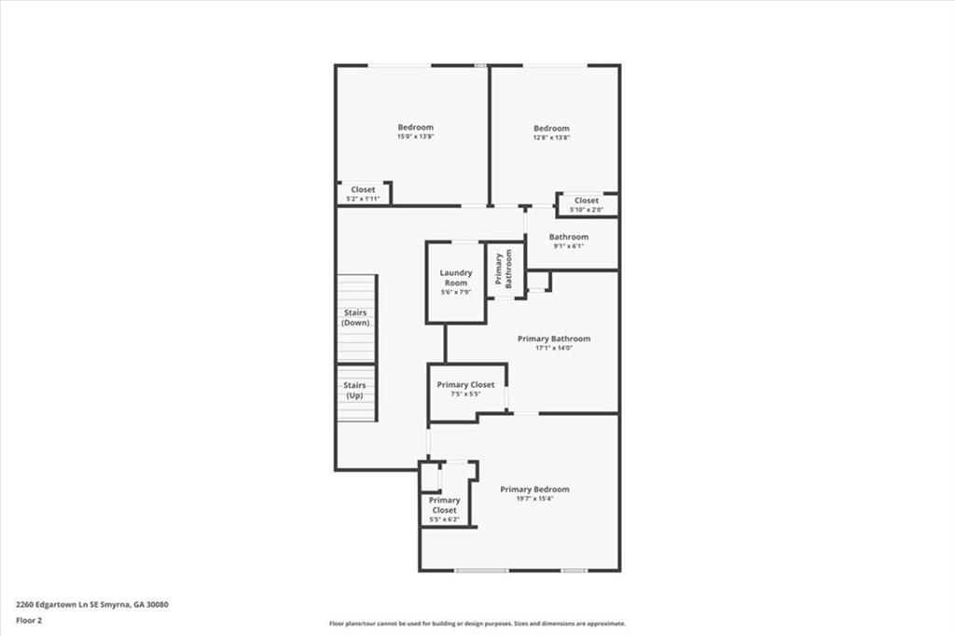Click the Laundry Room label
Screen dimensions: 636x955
(456, 278)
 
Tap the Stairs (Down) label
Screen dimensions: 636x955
(355, 317)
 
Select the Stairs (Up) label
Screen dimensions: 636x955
(354, 390)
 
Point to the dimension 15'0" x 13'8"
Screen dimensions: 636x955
(415, 137)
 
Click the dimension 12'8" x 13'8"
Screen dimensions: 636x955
(551, 138)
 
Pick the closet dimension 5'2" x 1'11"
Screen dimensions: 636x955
(363, 199)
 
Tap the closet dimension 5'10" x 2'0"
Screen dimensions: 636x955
(587, 210)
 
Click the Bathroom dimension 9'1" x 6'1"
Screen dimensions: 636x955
(569, 246)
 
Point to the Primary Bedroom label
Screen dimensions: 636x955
(534, 489)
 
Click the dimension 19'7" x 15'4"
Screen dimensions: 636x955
(534, 499)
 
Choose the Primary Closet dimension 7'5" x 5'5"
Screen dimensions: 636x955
(465, 394)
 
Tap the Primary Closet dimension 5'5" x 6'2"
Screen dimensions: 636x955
(444, 518)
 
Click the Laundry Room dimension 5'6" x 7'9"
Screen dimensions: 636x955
(456, 292)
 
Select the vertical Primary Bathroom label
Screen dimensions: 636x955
(499, 270)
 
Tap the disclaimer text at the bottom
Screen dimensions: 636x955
(477, 624)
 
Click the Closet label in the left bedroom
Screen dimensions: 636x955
(363, 189)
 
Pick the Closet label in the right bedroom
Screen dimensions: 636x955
(587, 200)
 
